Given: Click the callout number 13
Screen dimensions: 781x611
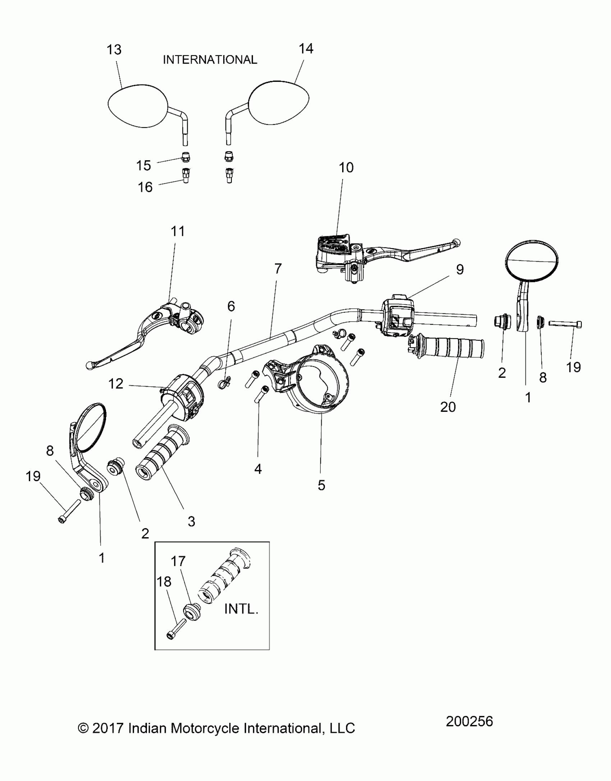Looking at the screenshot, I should click(114, 50).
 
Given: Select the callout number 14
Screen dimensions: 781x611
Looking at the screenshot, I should click(306, 48).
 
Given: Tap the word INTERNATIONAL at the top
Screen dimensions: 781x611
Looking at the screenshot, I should click(210, 60).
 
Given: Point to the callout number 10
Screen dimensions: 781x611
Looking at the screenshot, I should click(346, 167).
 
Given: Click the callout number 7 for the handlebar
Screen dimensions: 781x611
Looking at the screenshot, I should click(278, 269).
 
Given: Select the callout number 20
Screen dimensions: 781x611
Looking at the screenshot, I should click(448, 407).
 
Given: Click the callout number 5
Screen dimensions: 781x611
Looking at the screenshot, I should click(321, 485).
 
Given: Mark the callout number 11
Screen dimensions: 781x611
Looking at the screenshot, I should click(178, 231).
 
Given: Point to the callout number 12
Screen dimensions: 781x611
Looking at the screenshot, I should click(116, 384).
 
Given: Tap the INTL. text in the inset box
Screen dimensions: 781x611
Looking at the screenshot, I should click(241, 609).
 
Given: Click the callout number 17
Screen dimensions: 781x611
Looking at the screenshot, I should click(178, 561).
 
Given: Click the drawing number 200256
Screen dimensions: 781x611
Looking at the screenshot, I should click(469, 721).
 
